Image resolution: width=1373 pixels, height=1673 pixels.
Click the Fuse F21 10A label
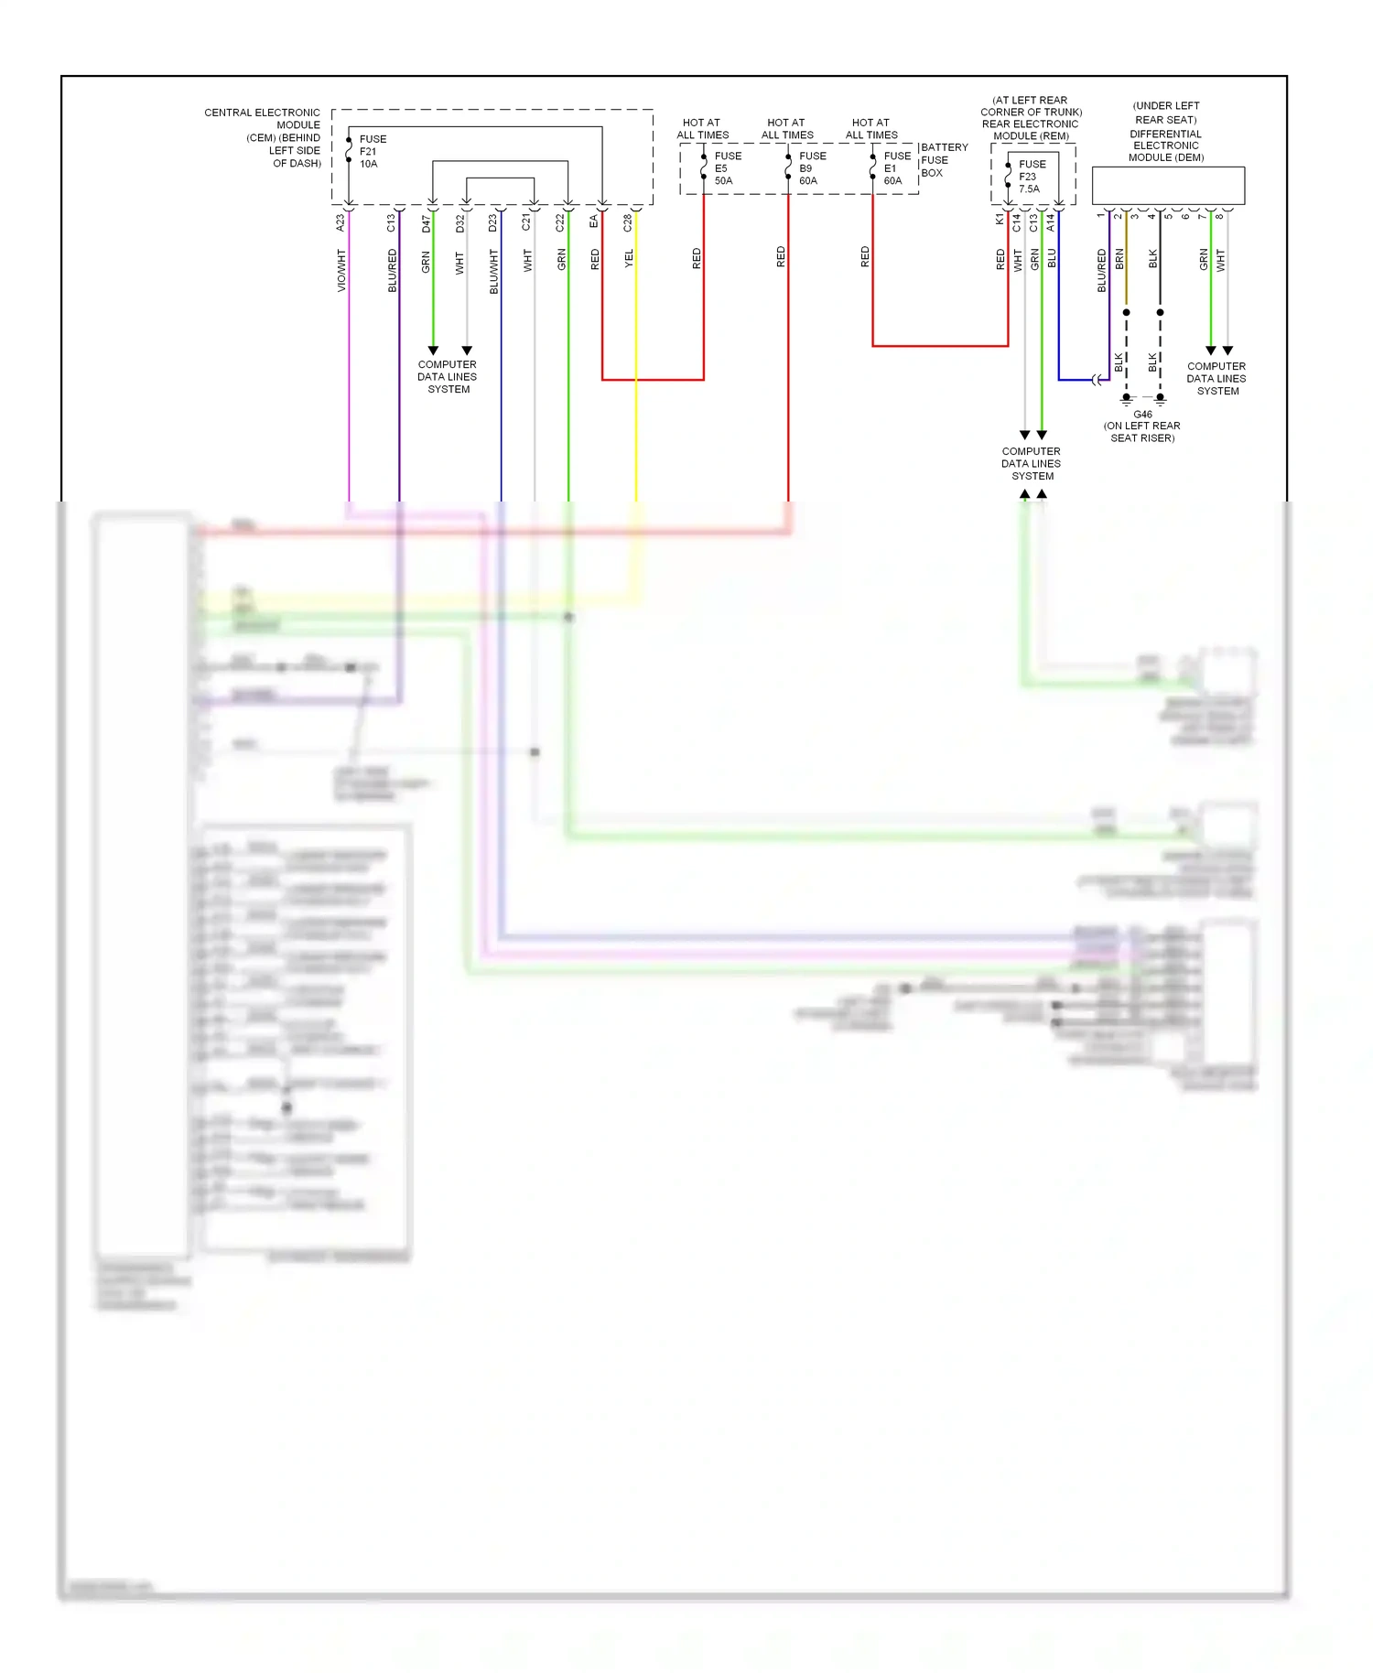(x=372, y=152)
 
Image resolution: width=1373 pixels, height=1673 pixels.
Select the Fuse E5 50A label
(x=728, y=168)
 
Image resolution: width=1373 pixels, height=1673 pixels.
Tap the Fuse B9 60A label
(x=812, y=168)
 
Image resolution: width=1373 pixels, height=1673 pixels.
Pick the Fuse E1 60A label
(x=896, y=168)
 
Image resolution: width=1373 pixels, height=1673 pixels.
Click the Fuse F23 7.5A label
(x=1032, y=177)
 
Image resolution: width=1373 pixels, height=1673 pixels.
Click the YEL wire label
(x=629, y=259)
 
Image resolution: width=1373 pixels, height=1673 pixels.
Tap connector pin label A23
(x=341, y=222)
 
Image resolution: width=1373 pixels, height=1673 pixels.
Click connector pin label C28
(x=628, y=222)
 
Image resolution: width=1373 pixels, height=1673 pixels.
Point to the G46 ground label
(x=1142, y=415)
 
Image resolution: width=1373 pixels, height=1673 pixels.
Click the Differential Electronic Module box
(x=1168, y=186)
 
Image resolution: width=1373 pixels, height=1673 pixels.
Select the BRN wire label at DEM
(x=1119, y=260)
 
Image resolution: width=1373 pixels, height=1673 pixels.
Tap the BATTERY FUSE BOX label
(x=943, y=160)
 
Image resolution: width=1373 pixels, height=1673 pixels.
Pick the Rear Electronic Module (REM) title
(x=1031, y=118)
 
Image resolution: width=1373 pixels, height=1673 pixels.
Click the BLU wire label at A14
(x=1052, y=258)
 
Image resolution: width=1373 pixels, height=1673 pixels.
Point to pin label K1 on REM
(x=1000, y=220)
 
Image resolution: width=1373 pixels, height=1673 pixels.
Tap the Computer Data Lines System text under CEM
(x=448, y=377)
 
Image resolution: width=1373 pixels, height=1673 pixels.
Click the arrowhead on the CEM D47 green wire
(x=433, y=351)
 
